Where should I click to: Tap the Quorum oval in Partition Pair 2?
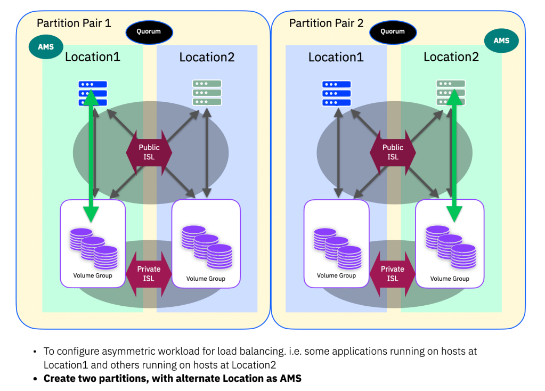(392, 32)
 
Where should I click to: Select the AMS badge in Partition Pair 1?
(45, 47)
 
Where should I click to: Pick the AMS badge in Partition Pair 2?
(501, 41)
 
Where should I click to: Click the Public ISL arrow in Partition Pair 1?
(150, 152)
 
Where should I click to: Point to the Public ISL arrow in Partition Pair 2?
(393, 152)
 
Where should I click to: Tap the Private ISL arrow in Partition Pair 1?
(149, 273)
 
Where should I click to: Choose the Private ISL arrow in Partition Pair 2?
(393, 273)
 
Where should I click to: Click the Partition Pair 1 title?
(74, 23)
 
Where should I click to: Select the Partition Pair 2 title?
(326, 23)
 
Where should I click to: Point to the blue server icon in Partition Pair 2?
(337, 93)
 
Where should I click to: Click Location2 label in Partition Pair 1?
(207, 58)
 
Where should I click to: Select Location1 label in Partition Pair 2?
(336, 58)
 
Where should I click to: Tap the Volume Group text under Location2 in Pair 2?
(450, 279)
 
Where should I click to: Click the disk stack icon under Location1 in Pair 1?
(94, 248)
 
